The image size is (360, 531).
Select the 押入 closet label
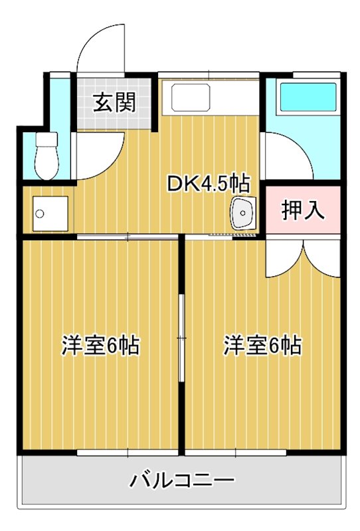[303, 210]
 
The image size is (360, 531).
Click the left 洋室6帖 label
[101, 345]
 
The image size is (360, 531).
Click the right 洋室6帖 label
[262, 345]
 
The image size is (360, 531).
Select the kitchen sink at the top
[191, 98]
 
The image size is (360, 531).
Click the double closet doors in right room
[303, 259]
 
